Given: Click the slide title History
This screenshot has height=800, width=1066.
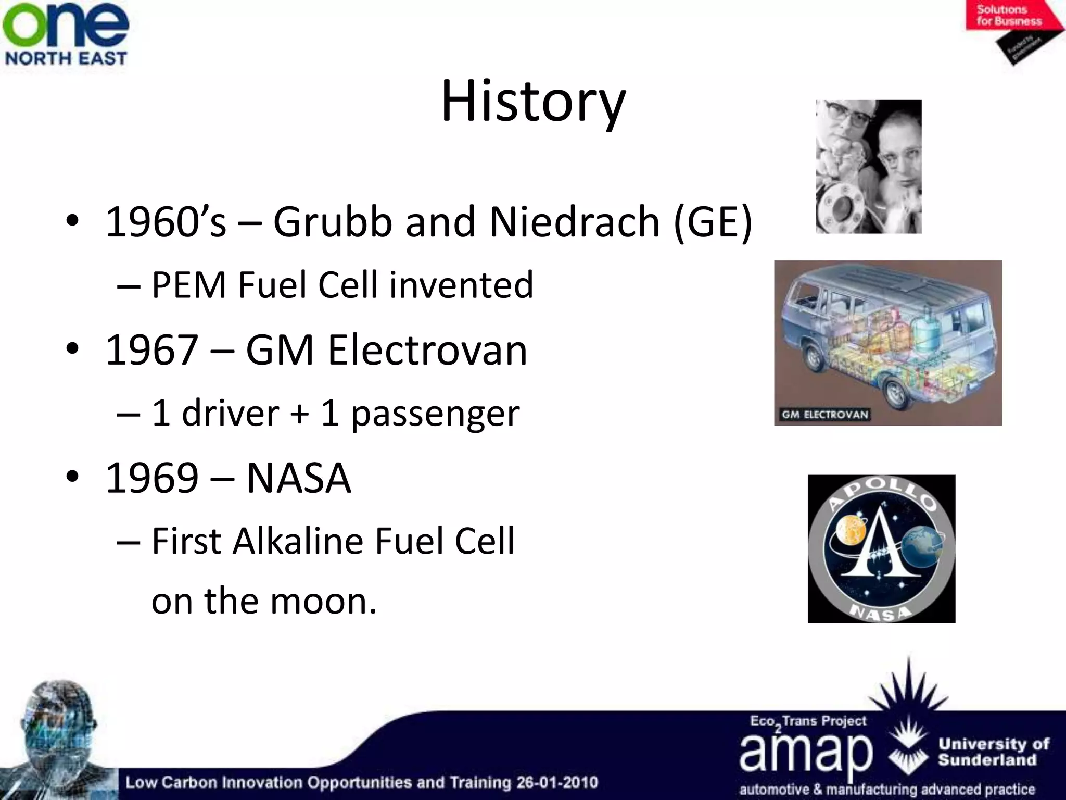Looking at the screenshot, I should [533, 102].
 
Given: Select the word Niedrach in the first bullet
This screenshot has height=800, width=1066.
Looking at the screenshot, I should [575, 222].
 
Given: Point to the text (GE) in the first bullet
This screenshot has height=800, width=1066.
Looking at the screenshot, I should [713, 222].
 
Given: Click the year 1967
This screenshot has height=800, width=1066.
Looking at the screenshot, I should [151, 350].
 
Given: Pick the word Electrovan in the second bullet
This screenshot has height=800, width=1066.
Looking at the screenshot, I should [427, 350].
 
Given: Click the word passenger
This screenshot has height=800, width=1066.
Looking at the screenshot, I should [435, 414].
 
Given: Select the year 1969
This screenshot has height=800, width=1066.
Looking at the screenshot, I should [151, 478].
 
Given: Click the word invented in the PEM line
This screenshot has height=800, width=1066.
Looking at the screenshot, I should [461, 285].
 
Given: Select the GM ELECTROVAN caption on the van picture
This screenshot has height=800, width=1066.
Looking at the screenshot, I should [824, 415].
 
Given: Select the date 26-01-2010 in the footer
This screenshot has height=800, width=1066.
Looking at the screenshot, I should [557, 782].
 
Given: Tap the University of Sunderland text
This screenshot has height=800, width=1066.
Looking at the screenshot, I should [993, 752].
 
